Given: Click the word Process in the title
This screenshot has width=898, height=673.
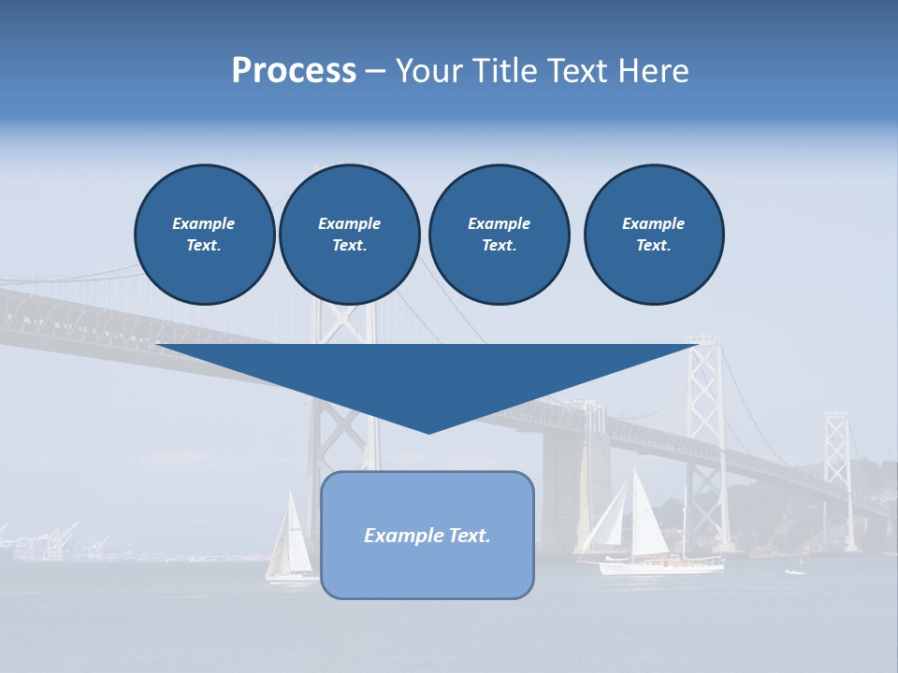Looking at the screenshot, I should [294, 71].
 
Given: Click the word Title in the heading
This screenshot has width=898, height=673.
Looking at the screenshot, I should [503, 71].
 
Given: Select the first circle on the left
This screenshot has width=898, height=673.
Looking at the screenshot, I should [204, 235].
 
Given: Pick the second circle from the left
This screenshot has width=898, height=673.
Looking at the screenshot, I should [349, 235].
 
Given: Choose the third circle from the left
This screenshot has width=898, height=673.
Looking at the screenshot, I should [499, 235].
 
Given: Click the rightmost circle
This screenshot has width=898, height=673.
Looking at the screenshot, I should [653, 235].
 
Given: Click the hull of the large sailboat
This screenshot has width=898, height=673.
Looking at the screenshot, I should [660, 566].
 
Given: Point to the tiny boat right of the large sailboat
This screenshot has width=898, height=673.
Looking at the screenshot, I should [795, 571].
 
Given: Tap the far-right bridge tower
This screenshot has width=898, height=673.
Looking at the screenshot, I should [837, 477].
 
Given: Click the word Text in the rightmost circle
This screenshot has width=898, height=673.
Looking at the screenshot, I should [653, 246].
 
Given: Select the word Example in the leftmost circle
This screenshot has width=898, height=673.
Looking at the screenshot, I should [204, 223].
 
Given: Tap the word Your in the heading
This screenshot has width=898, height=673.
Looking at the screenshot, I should [427, 71].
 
